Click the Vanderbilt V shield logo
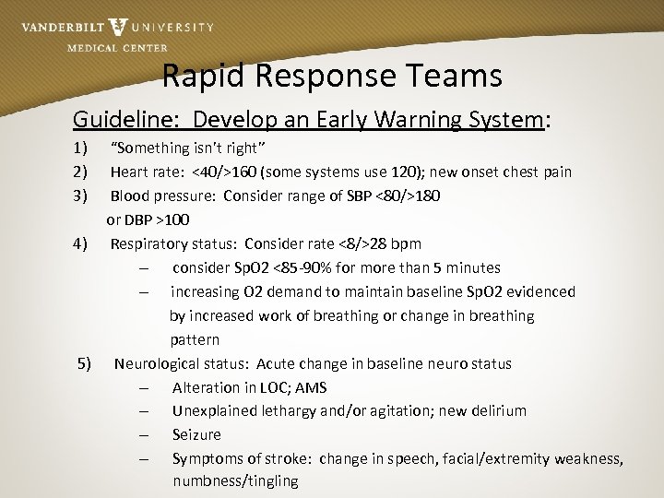point(118,27)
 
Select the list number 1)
point(80,148)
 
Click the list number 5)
point(85,363)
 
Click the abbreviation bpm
point(404,243)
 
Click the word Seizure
point(196,434)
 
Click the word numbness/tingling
point(235,480)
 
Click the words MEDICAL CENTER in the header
point(117,48)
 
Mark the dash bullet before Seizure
point(145,434)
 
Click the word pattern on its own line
point(194,339)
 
